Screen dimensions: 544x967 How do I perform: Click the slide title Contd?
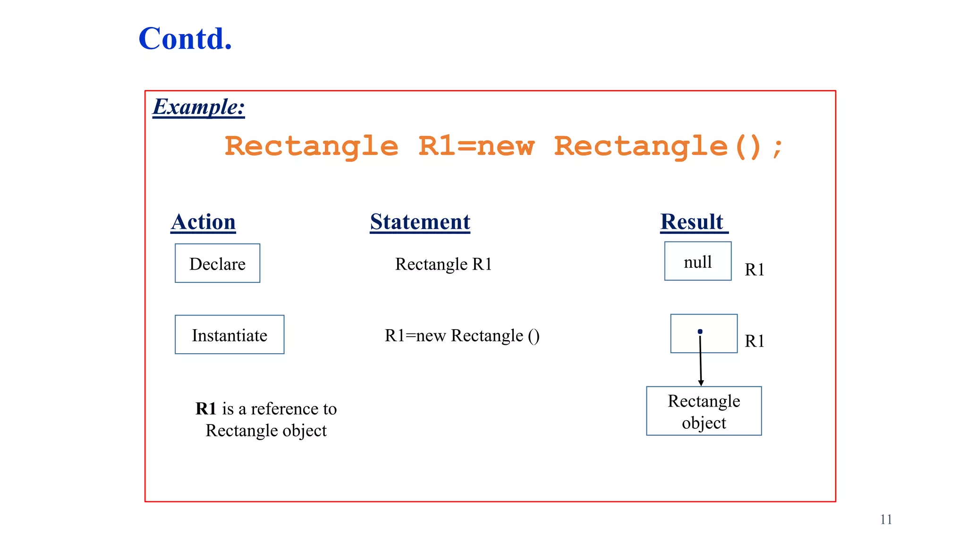click(x=185, y=39)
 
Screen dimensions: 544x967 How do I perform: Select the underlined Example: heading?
click(x=199, y=107)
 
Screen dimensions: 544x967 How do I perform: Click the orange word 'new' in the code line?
click(x=506, y=146)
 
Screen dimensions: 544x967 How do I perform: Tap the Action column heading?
click(x=203, y=222)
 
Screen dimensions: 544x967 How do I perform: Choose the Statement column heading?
click(x=420, y=222)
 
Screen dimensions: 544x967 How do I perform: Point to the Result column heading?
click(x=692, y=222)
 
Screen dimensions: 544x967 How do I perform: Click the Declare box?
click(x=217, y=263)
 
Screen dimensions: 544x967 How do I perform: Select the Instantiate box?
click(x=229, y=335)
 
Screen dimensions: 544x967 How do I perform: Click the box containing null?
click(x=697, y=262)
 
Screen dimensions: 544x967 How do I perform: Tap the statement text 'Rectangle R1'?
click(x=443, y=264)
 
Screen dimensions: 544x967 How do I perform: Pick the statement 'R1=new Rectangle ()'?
click(x=462, y=336)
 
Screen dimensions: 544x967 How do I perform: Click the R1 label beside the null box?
click(x=754, y=270)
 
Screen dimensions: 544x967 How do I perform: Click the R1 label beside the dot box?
click(x=754, y=341)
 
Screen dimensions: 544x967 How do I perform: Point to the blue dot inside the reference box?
click(x=700, y=331)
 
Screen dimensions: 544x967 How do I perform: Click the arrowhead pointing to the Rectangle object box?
click(x=701, y=382)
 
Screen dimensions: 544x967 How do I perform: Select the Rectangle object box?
click(x=704, y=411)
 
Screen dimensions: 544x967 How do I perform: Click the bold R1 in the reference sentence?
click(x=206, y=409)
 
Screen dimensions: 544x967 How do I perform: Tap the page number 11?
click(x=886, y=519)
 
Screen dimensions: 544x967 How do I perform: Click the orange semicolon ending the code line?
click(x=777, y=148)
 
